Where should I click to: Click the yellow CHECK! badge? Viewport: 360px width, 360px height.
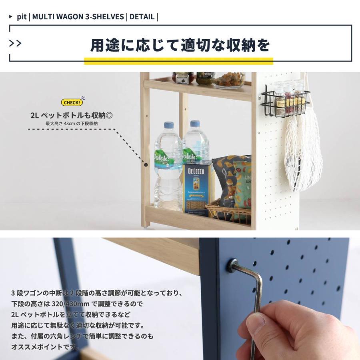[x=72, y=102]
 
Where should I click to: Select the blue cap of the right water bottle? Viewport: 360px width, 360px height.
[x=195, y=124]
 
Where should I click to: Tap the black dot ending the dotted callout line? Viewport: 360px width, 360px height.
[x=146, y=165]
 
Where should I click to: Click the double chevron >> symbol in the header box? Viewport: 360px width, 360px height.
[x=15, y=43]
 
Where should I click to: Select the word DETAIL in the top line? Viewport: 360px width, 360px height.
[x=142, y=17]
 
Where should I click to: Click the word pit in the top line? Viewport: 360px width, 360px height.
[x=22, y=17]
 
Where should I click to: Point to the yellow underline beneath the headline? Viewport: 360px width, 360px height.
[x=179, y=61]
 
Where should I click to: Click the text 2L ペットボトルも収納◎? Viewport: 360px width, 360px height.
[x=72, y=115]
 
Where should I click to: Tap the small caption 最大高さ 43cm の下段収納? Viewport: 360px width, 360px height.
[x=72, y=124]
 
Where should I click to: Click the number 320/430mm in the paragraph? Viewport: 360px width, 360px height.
[x=70, y=304]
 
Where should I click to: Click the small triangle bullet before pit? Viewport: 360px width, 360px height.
[x=10, y=16]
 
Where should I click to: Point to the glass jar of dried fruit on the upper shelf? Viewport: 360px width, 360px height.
[x=229, y=80]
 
